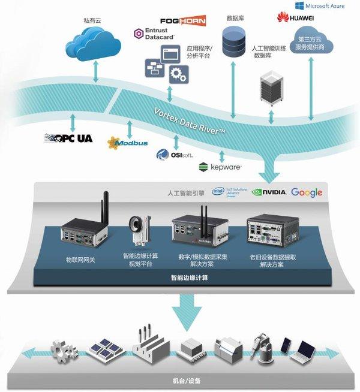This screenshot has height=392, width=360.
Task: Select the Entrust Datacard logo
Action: (154, 34)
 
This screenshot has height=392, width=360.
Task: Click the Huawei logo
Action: (296, 18)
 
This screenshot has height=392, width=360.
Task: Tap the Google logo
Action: (307, 192)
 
